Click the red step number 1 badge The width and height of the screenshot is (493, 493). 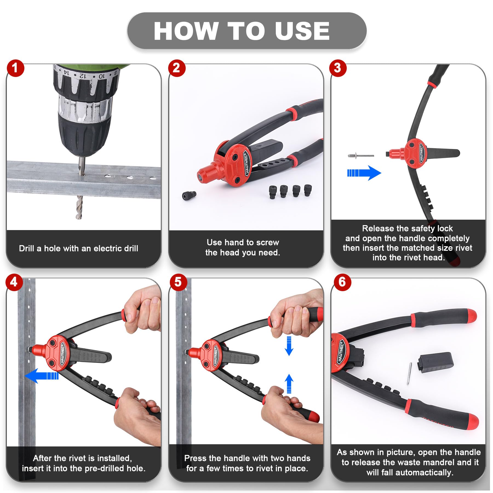(16, 68)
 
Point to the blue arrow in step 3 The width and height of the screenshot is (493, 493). (364, 173)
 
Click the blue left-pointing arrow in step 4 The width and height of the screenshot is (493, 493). (42, 376)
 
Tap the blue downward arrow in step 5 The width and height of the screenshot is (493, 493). (289, 346)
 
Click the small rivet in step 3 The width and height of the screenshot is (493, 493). (361, 156)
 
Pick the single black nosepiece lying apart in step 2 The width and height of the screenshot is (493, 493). (189, 195)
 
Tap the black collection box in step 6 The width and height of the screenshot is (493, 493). (435, 362)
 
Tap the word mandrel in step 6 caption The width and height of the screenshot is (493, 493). (436, 462)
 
